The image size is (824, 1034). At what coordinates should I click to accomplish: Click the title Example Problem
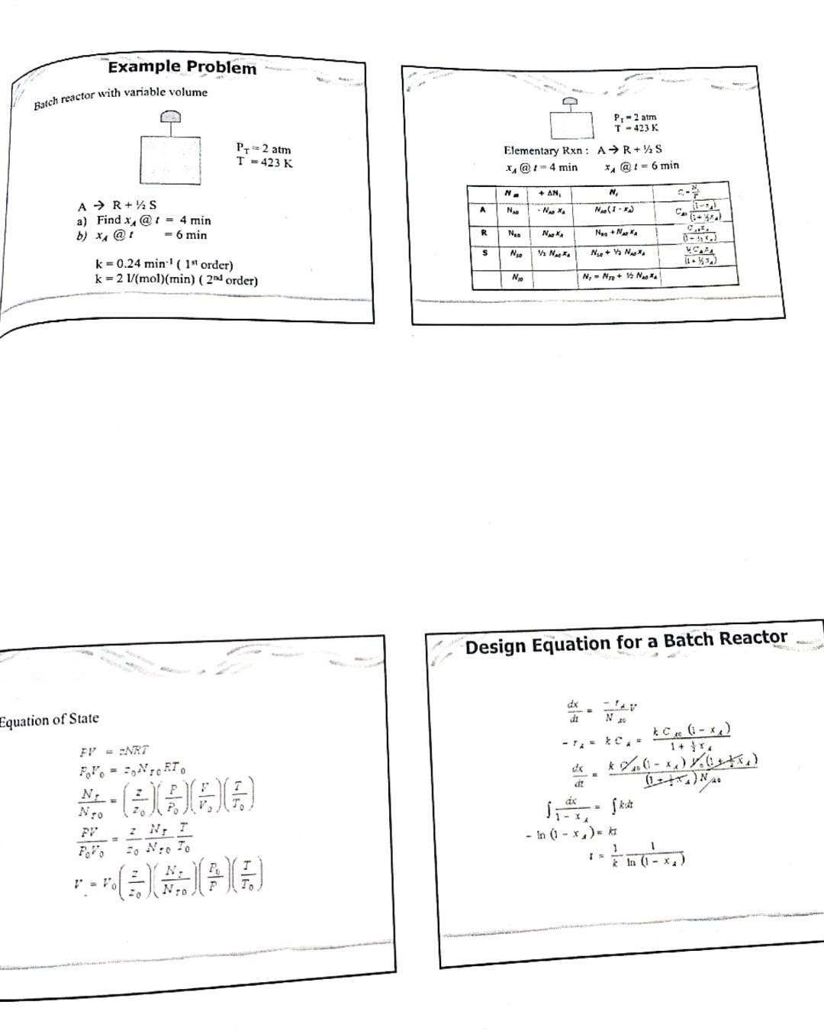[x=182, y=67]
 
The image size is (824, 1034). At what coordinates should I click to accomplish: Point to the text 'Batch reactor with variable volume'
[x=121, y=95]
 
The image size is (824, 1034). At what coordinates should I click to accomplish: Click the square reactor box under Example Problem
[x=169, y=159]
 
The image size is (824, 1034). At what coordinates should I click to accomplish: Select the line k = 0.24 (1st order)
[x=163, y=265]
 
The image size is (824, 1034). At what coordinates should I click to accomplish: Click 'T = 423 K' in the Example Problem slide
[x=264, y=163]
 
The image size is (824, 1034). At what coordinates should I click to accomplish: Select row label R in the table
[x=484, y=232]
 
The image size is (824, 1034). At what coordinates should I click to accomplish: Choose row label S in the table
[x=484, y=253]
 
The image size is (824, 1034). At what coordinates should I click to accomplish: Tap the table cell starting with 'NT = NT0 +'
[x=620, y=276]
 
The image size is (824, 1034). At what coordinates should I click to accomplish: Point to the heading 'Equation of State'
[x=50, y=719]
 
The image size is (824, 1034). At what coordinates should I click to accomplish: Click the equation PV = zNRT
[x=114, y=750]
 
